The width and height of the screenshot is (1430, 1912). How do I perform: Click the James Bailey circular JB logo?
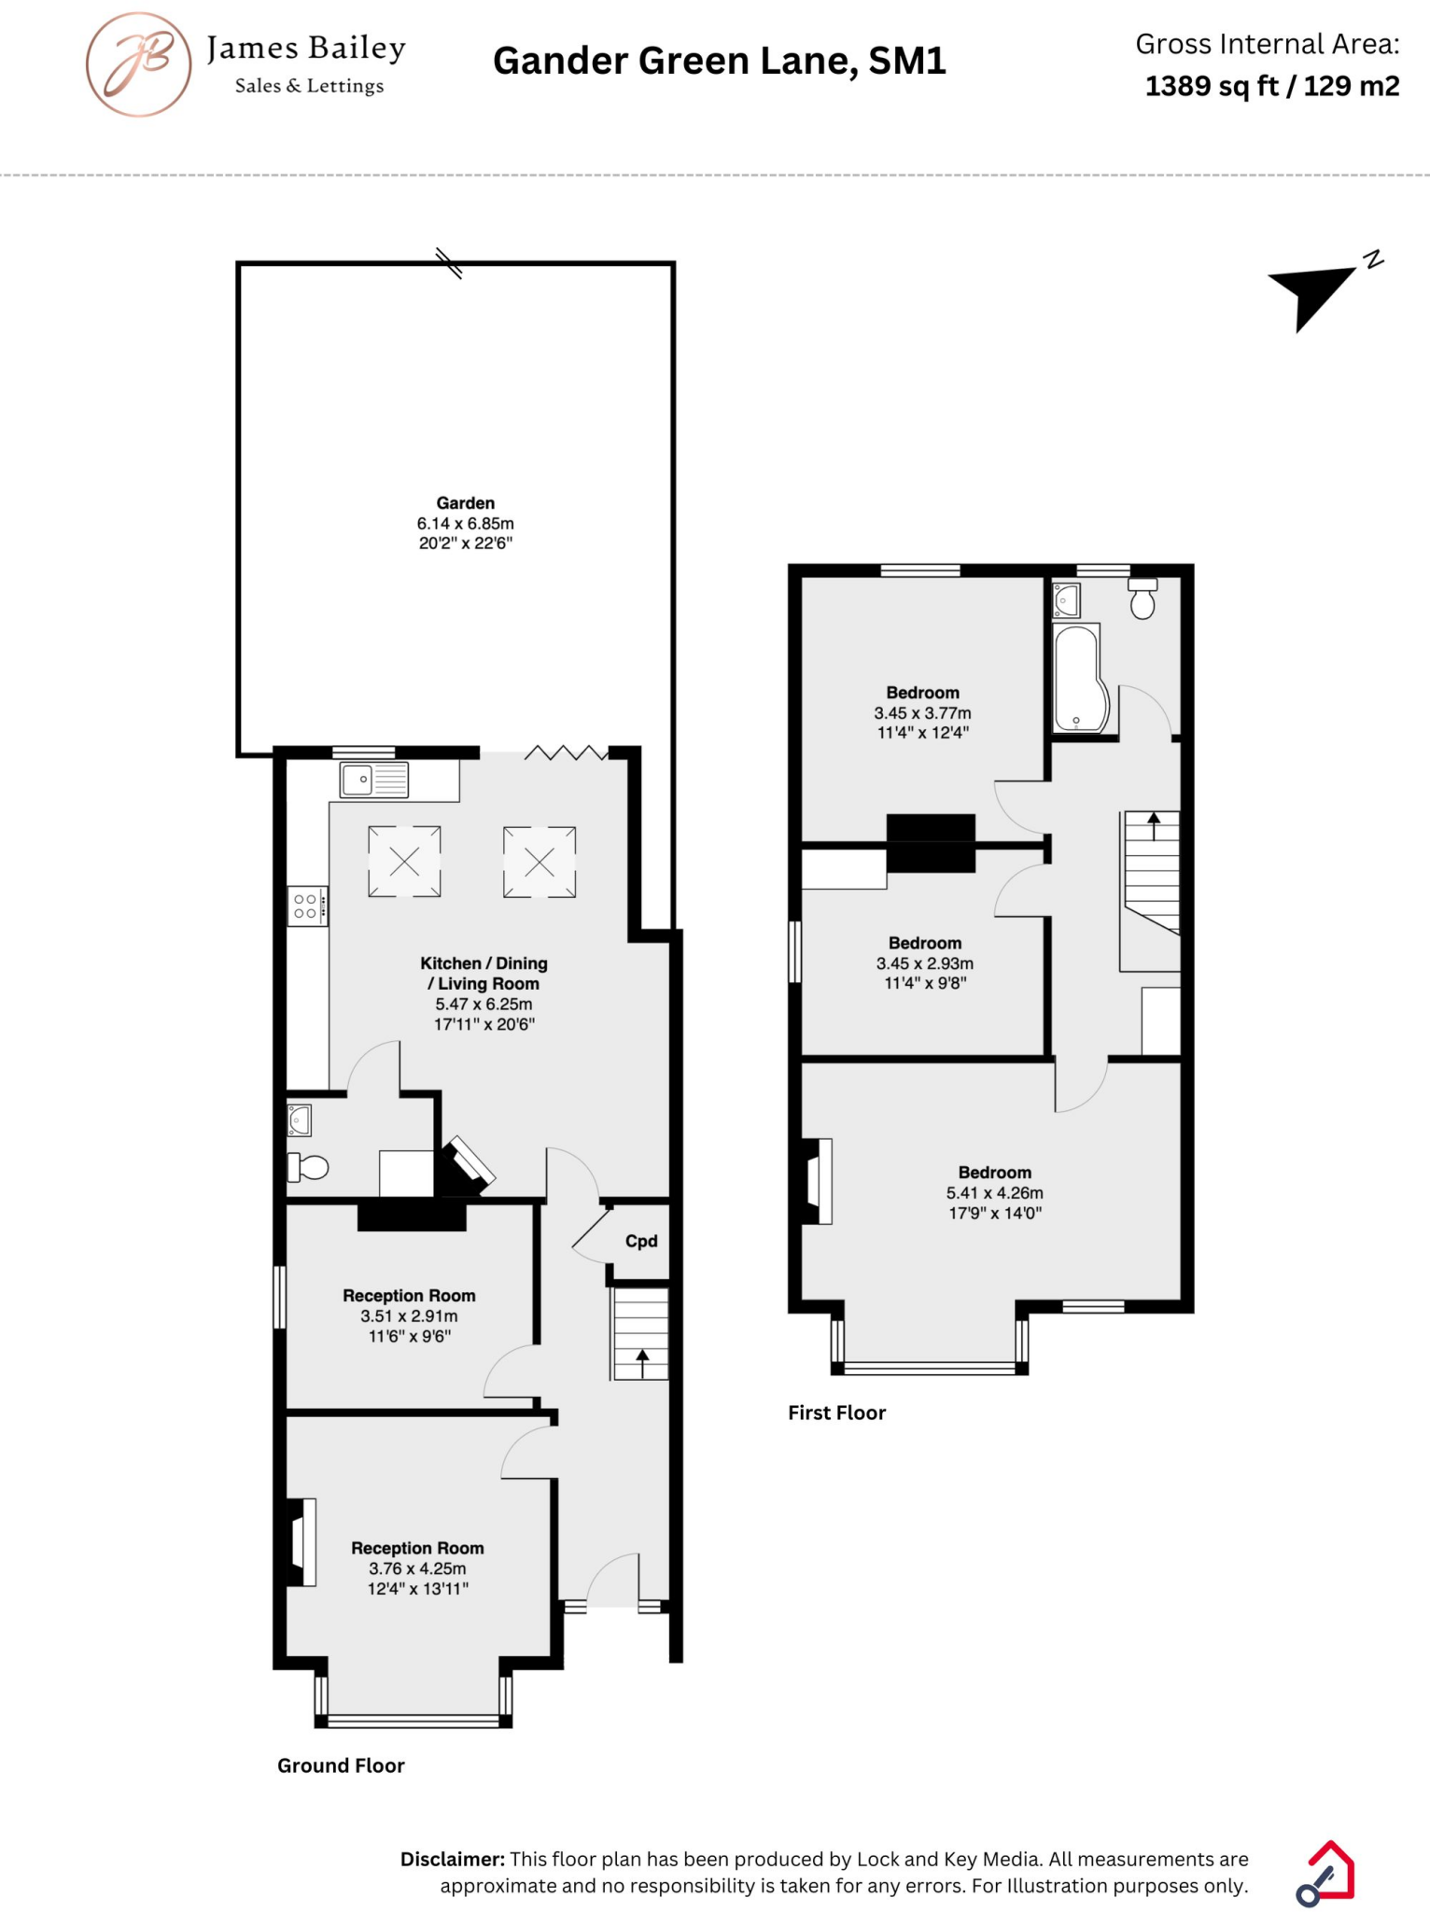coord(139,64)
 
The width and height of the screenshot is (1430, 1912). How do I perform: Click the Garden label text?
coord(465,503)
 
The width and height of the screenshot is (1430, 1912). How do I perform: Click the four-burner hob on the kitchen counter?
coord(307,906)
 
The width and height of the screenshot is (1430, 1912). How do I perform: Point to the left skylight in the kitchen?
coord(404,862)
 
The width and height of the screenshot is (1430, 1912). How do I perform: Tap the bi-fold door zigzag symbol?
coord(566,752)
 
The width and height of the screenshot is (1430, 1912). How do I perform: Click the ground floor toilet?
coord(309,1167)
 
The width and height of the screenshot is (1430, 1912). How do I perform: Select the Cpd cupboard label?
coord(641,1241)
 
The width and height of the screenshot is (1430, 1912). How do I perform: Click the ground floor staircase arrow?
coord(642,1362)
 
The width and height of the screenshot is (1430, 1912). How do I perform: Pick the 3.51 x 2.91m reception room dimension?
coord(409,1315)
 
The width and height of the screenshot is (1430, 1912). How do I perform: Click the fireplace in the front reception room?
coord(301,1541)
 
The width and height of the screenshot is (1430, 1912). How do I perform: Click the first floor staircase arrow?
coord(1154,825)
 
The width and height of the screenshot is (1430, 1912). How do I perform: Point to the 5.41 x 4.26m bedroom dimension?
coord(994,1192)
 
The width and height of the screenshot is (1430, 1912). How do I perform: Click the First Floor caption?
coord(836,1413)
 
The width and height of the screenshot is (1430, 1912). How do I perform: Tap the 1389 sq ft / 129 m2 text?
coord(1271,87)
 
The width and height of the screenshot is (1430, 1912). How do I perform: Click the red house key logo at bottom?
coord(1326,1873)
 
